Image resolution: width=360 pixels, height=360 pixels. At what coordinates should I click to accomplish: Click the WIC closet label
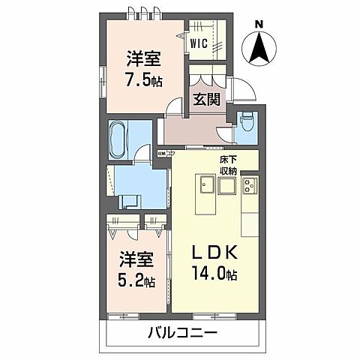pyautogui.click(x=199, y=43)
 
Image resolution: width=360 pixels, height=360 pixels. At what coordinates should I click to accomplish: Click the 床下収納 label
pyautogui.click(x=228, y=166)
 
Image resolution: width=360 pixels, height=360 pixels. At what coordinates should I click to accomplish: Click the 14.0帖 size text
pyautogui.click(x=217, y=275)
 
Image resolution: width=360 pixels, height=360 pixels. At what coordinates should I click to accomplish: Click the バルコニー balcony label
pyautogui.click(x=181, y=332)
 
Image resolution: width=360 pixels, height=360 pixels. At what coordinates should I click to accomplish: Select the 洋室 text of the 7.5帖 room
pyautogui.click(x=142, y=56)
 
